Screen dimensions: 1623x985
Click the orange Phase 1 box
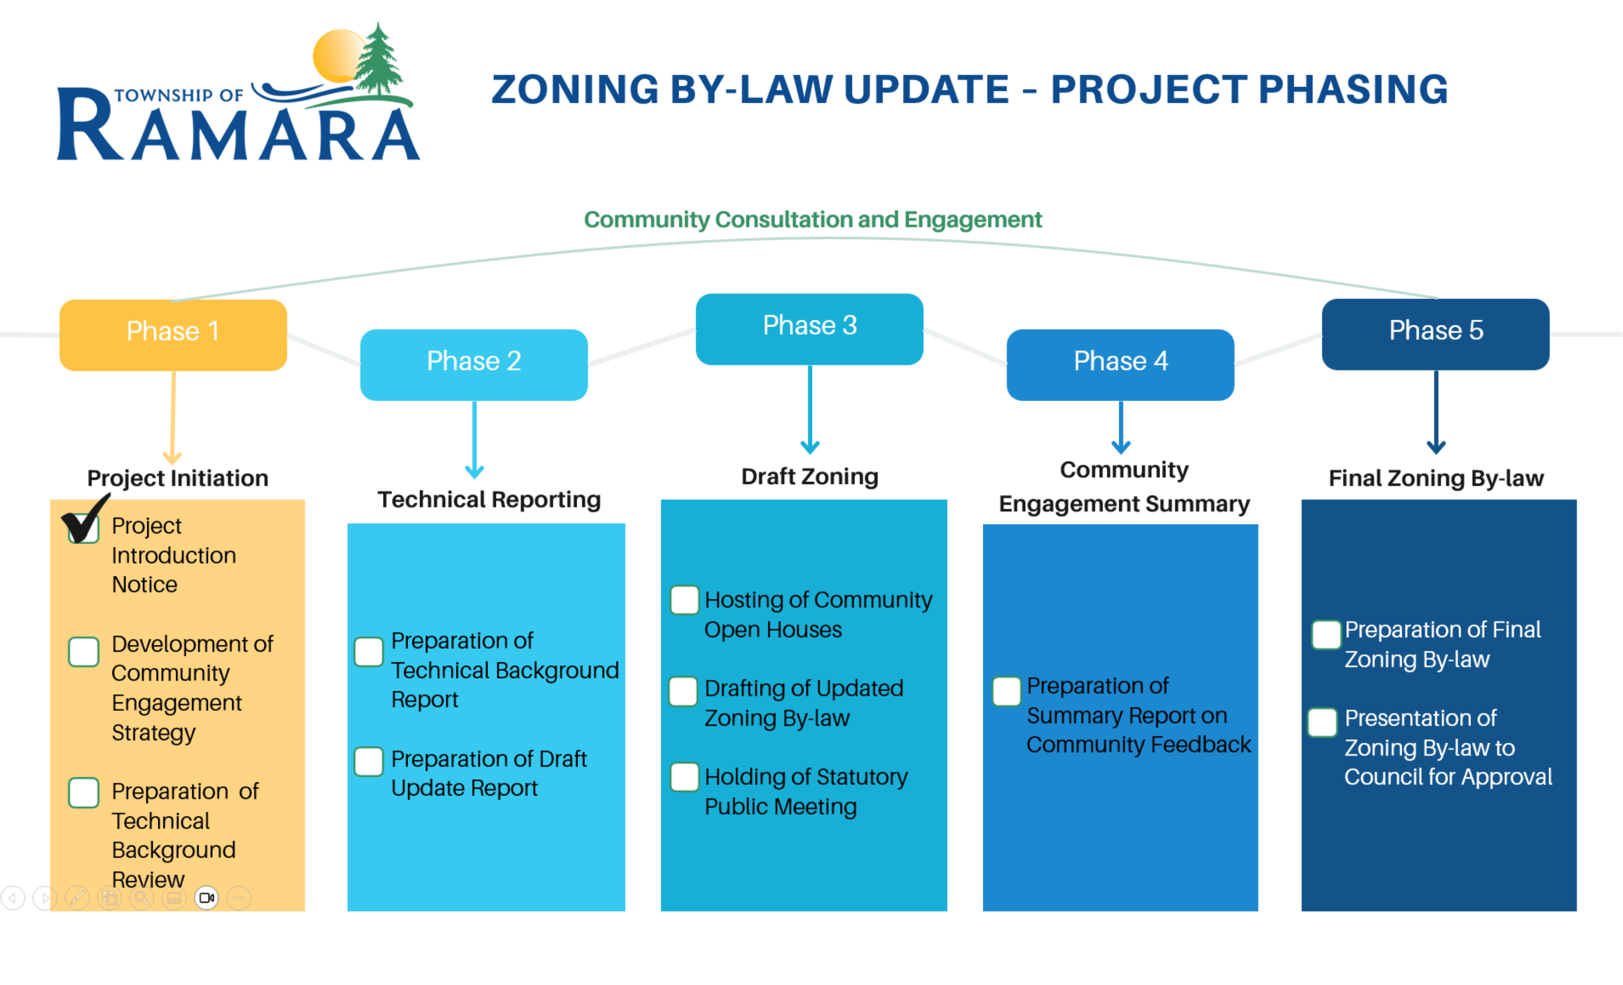pos(173,335)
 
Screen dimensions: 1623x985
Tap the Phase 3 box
pos(810,329)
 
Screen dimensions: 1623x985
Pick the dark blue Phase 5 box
pos(1436,334)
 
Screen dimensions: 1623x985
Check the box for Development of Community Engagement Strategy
pos(84,652)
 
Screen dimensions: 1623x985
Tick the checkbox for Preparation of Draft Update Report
pos(369,762)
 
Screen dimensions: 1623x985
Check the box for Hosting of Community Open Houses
pos(684,599)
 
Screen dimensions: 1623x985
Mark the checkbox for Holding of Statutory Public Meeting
pos(684,777)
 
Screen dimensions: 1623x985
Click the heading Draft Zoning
pos(810,477)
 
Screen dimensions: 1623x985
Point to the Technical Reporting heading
pos(489,500)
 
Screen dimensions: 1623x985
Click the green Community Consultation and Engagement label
pos(813,219)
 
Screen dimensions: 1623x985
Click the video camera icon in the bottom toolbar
pos(207,898)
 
